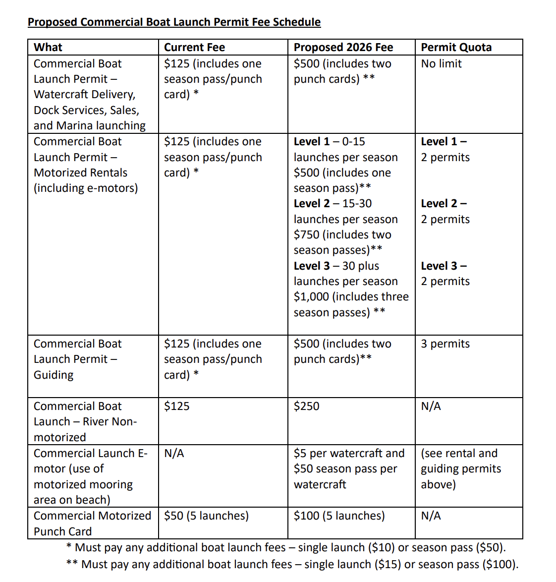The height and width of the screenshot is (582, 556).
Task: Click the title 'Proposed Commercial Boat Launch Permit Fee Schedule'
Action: point(174,22)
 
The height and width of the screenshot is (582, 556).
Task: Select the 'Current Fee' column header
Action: point(194,48)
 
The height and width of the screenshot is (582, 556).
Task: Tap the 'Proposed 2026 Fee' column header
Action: point(343,48)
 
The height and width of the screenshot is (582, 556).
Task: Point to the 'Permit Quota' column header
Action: point(456,48)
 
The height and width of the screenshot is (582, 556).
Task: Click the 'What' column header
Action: point(48,48)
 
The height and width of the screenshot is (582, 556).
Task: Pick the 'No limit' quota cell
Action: point(441,64)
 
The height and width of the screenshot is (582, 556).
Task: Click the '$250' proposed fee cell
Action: point(306,407)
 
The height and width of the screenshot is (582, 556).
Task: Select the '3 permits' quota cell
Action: point(445,344)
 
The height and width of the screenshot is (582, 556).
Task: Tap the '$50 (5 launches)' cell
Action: point(206,516)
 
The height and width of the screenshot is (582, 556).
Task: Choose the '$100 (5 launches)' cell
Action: point(339,516)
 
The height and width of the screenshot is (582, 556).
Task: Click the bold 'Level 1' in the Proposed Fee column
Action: point(311,142)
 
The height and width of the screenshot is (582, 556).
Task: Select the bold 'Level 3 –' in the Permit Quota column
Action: point(444,266)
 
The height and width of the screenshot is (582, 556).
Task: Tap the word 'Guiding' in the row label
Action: point(54,375)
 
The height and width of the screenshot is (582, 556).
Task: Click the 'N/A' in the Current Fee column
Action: point(174,454)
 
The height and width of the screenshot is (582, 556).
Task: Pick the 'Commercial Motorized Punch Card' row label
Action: point(92,524)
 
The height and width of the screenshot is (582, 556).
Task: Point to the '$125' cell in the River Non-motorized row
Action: point(176,407)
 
